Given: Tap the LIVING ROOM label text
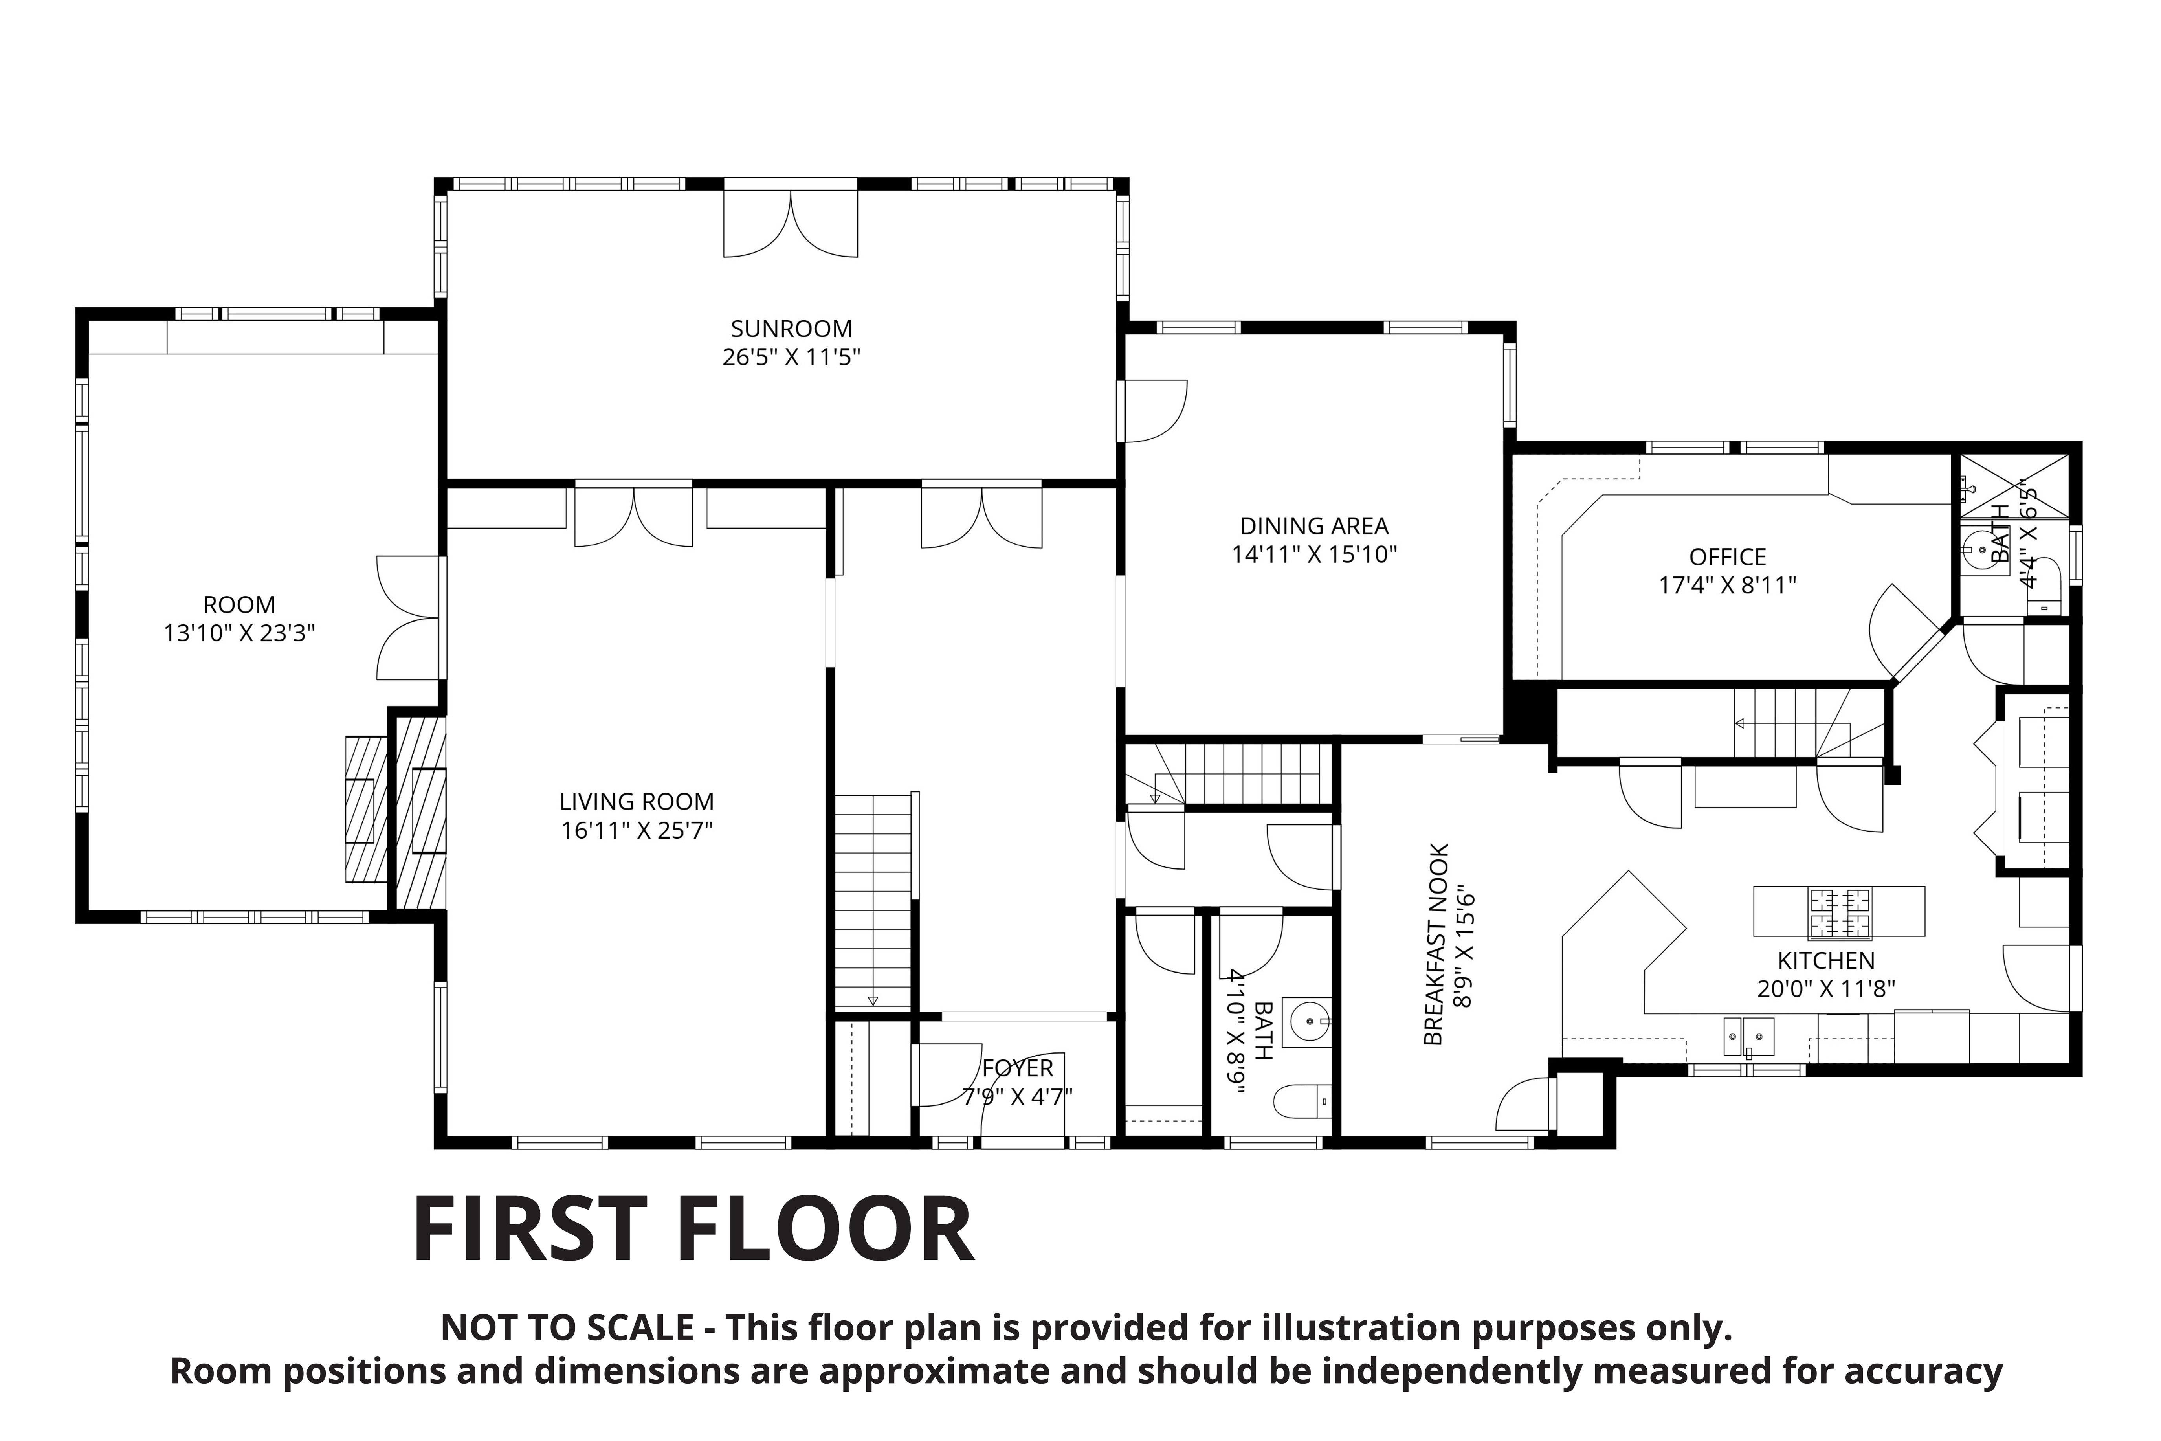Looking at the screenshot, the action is tap(637, 801).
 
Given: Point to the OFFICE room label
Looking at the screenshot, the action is tap(1727, 557).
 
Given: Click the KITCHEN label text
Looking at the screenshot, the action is tap(1825, 960).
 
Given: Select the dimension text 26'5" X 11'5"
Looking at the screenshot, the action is tap(791, 356).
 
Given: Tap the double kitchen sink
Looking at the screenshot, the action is tap(1748, 1037).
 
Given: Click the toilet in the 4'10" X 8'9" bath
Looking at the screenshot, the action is tap(1303, 1101).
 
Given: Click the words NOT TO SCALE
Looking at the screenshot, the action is tap(567, 1328).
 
